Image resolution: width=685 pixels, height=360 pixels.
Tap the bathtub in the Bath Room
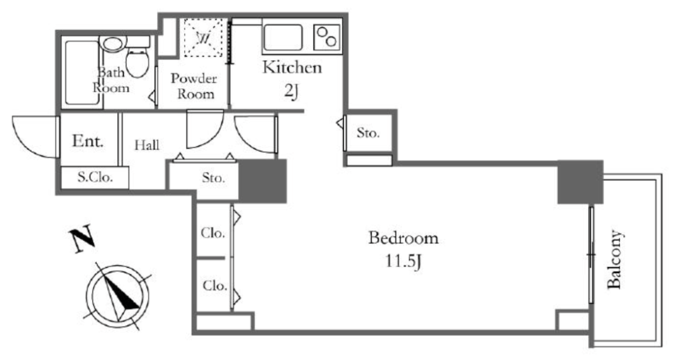click(82, 72)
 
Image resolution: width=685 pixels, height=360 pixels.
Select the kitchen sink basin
click(283, 37)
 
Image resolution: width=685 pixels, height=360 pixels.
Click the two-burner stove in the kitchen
click(328, 37)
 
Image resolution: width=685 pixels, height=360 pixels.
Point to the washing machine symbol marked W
click(203, 37)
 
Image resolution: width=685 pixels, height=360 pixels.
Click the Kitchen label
click(292, 68)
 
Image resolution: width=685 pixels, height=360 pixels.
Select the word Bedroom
click(403, 238)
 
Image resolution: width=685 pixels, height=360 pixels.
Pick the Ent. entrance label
click(88, 141)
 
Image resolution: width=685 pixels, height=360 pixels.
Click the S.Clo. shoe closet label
click(95, 177)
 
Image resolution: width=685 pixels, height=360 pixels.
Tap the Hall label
click(146, 145)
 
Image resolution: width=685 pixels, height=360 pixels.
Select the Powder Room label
click(194, 86)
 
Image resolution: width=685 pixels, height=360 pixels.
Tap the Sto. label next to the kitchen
click(368, 132)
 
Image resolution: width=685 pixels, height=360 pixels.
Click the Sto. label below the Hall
click(213, 178)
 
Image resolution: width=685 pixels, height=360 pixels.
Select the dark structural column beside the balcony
click(581, 182)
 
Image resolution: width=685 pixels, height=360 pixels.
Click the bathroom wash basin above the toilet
click(113, 43)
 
